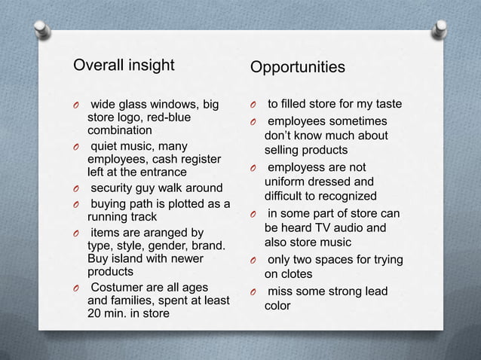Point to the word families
[x=136, y=301]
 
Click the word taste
[x=385, y=104]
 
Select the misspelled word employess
[x=302, y=167]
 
